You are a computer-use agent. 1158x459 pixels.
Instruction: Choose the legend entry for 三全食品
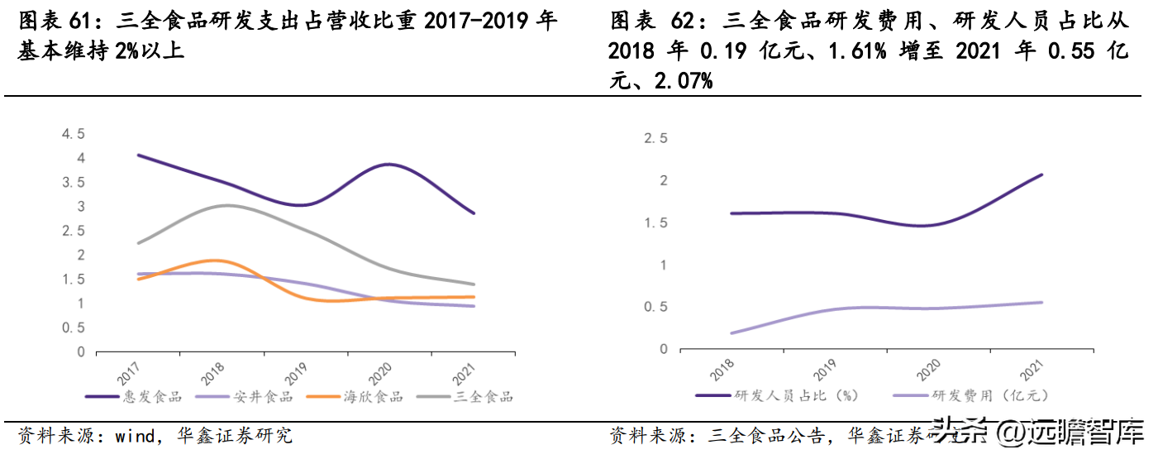click(484, 397)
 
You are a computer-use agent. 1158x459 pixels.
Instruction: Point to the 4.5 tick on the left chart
click(74, 134)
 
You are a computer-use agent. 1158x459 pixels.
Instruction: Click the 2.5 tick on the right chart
click(655, 138)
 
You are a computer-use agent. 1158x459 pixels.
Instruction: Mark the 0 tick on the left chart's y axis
click(81, 352)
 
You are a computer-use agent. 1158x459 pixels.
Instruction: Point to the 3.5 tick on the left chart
click(74, 183)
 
